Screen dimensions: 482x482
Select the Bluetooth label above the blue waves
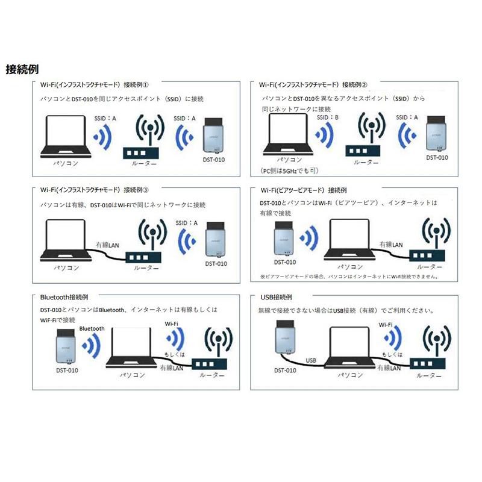[x=91, y=329]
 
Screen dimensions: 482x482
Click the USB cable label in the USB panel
[x=311, y=360]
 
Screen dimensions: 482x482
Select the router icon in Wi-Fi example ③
[x=143, y=244]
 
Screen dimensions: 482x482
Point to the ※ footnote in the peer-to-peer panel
[x=349, y=277]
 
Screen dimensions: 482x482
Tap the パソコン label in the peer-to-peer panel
[x=349, y=266]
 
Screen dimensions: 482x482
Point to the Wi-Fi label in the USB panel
[x=386, y=324]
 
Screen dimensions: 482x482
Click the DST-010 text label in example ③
[x=216, y=263]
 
